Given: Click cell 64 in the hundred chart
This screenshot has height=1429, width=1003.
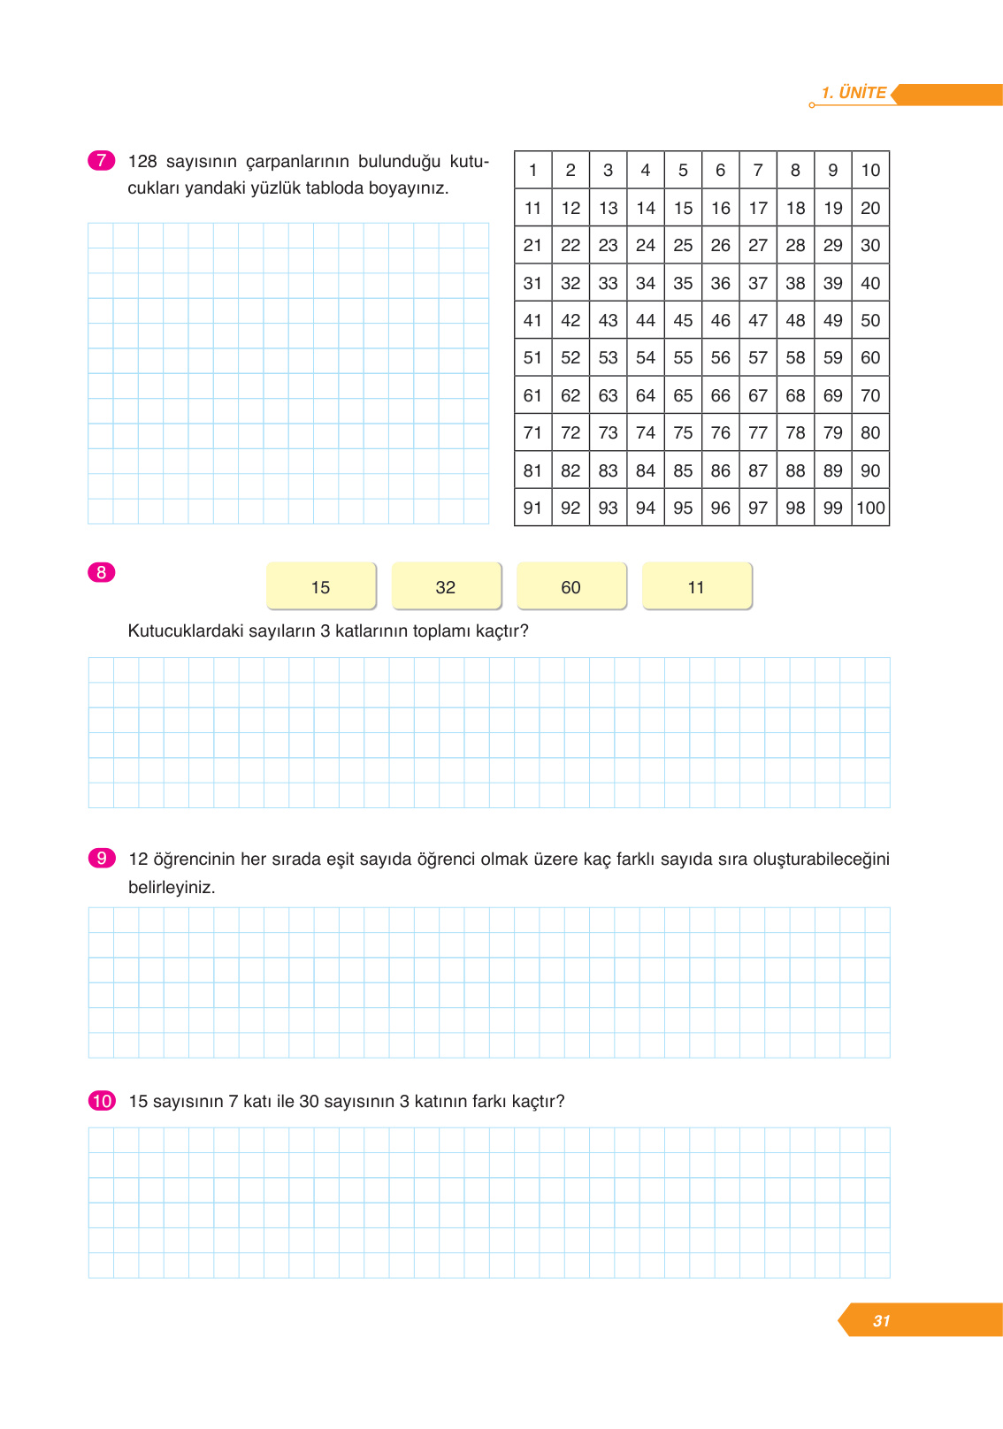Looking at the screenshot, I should [646, 395].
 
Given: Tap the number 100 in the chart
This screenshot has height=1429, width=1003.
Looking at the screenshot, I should [870, 508].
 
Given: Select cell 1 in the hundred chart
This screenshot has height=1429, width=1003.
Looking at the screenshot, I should [532, 170].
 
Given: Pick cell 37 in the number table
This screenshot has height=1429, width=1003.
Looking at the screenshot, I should [758, 283].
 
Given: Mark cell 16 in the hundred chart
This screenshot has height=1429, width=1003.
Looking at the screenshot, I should [721, 208].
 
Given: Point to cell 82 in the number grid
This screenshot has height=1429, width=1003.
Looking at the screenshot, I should [570, 470].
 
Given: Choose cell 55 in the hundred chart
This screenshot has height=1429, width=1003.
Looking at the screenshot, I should [683, 358].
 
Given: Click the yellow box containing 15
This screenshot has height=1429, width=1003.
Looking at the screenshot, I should [321, 586].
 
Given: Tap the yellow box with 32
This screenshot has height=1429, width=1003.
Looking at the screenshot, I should [446, 586].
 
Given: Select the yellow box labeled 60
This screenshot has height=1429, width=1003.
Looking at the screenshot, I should [571, 586].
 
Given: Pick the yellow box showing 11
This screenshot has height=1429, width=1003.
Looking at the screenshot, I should [696, 586].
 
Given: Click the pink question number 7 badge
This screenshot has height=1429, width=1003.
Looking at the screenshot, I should [102, 160].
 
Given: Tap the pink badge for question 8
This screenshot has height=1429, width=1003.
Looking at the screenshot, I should [102, 572].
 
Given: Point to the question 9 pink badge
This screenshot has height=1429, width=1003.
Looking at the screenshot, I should [102, 858].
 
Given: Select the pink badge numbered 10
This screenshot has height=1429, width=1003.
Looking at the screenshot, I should [102, 1101].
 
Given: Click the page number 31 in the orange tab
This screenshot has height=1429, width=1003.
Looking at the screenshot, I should [881, 1320].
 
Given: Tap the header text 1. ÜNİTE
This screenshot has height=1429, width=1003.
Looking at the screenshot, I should [854, 93].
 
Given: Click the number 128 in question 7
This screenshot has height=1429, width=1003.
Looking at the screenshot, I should [142, 161].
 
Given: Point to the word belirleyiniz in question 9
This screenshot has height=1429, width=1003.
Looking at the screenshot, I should [172, 887].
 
